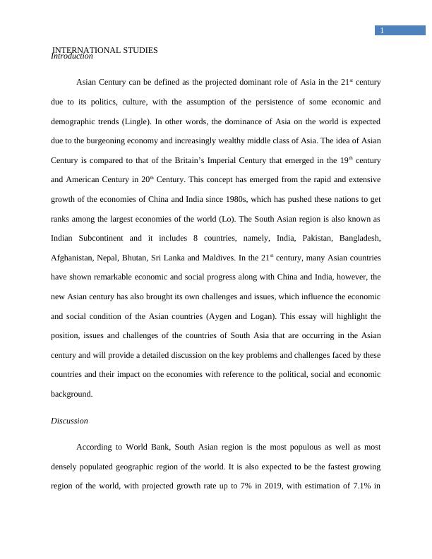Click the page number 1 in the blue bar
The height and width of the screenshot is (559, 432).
pos(382,31)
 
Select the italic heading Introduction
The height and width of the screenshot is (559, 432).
pos(72,57)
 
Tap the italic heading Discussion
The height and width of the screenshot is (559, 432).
pos(69,421)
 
